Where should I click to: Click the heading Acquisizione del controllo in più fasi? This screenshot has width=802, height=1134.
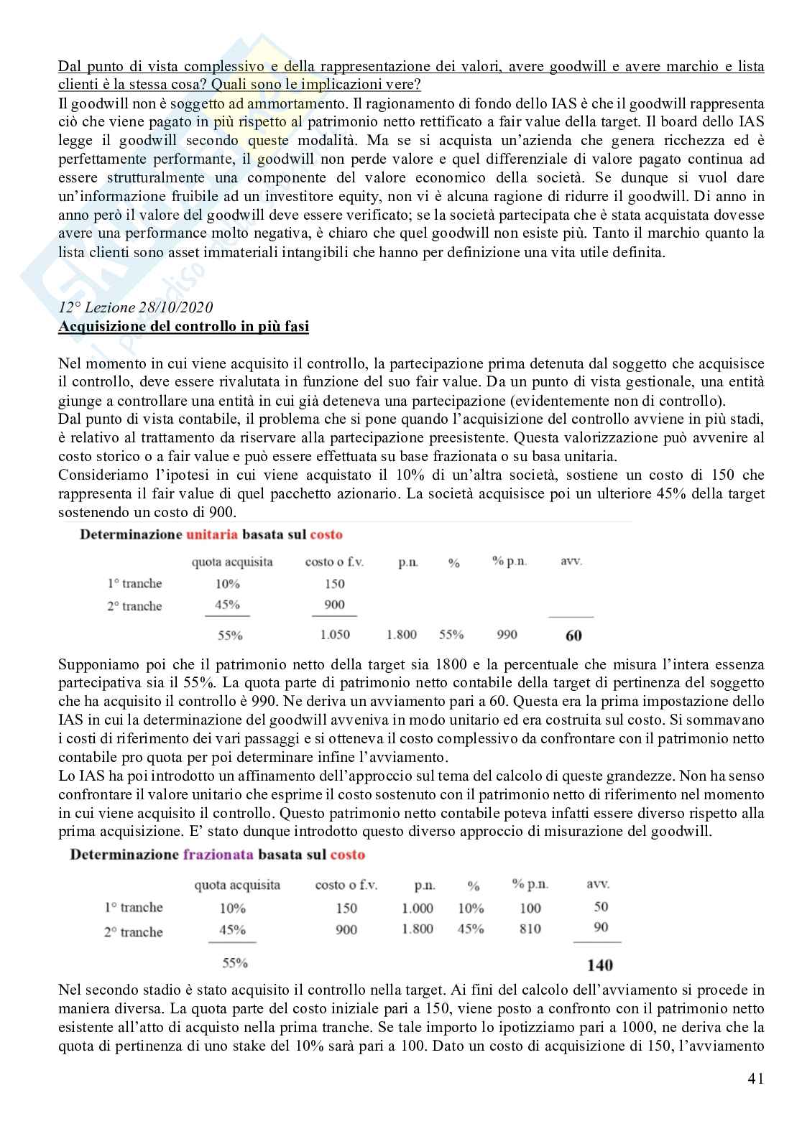(x=183, y=326)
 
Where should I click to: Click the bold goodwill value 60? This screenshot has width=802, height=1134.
(x=573, y=635)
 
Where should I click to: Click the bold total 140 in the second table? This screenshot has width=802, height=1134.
(x=599, y=965)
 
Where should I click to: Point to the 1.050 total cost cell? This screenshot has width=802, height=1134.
(x=334, y=635)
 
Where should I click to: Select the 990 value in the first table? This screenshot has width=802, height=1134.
(x=507, y=635)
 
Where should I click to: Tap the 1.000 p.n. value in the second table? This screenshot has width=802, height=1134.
(x=418, y=908)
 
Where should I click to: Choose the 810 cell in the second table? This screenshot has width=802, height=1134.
(x=530, y=929)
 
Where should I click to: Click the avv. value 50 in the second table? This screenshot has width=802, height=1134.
(x=601, y=906)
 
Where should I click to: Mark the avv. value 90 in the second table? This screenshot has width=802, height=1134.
(x=601, y=927)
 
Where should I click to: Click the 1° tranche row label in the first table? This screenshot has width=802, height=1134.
(x=134, y=583)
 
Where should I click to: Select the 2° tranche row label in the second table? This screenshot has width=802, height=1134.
(x=134, y=931)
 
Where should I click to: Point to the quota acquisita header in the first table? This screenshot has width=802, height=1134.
(x=232, y=562)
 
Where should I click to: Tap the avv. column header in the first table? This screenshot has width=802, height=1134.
(x=571, y=561)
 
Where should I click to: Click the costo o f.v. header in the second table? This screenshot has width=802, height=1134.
(x=346, y=885)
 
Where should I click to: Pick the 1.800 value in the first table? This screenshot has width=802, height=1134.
(x=402, y=635)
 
